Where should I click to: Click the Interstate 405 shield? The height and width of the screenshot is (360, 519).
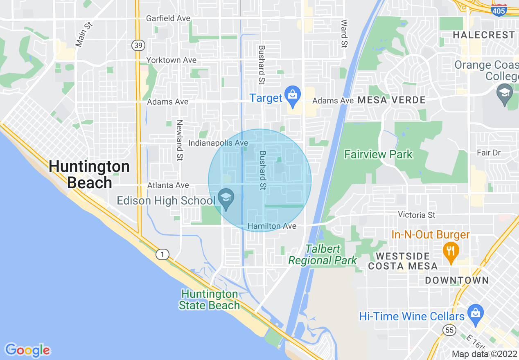point(499,11)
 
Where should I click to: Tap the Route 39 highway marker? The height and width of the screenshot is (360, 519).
point(138,45)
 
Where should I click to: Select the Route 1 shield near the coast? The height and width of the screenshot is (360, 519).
point(162,255)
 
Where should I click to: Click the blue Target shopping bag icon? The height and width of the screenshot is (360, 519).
point(293,94)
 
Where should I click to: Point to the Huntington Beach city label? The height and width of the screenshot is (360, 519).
point(89,175)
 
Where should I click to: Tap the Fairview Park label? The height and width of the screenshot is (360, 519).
point(378,154)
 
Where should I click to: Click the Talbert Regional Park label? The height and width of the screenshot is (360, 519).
point(323,255)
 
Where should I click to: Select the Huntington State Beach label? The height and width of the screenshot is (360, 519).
point(209,299)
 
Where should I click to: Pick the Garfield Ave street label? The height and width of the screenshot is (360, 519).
point(169,18)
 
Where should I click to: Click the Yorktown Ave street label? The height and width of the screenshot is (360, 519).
point(171,60)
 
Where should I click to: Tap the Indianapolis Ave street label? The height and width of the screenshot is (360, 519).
point(218,143)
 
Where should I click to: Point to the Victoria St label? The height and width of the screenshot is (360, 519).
point(417,215)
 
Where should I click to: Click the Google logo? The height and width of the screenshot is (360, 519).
point(27,350)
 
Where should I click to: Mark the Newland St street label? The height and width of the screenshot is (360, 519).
point(179,140)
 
